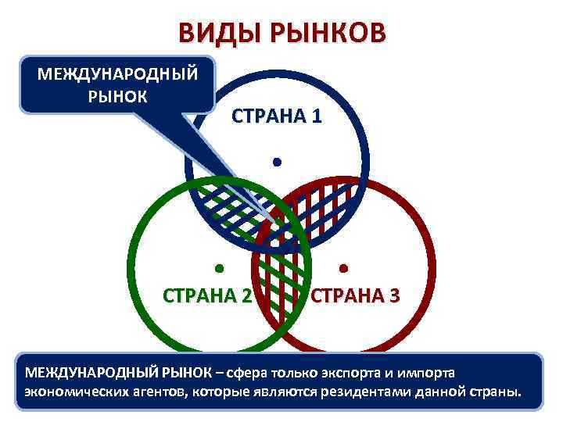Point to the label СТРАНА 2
click(207, 295)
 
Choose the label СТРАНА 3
click(357, 295)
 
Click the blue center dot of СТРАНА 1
click(276, 163)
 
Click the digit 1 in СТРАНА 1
click(315, 117)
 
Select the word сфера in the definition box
click(260, 372)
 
